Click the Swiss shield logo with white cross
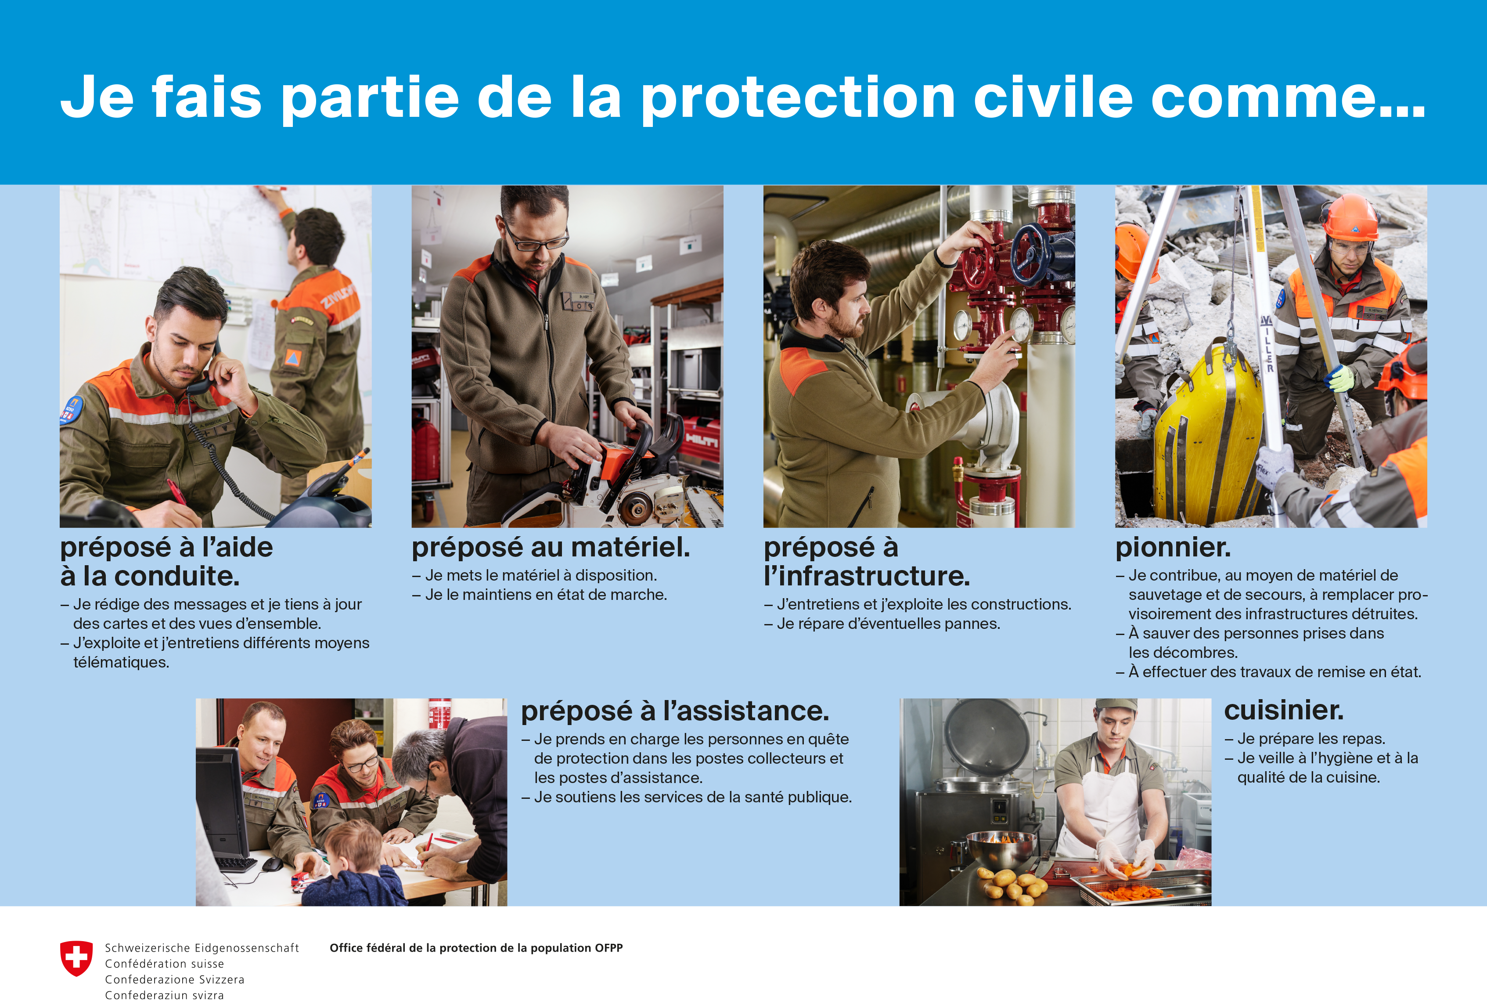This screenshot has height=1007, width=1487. coord(76,958)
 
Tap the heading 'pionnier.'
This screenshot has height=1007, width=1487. coord(1172,547)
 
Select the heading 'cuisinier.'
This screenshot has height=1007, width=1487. coord(1284,710)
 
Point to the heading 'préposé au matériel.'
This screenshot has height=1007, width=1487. coord(551,547)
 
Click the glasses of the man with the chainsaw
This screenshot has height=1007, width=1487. coord(536,237)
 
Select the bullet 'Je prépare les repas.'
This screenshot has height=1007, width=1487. coord(1305,738)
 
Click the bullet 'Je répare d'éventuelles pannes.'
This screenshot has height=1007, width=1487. coord(882,624)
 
